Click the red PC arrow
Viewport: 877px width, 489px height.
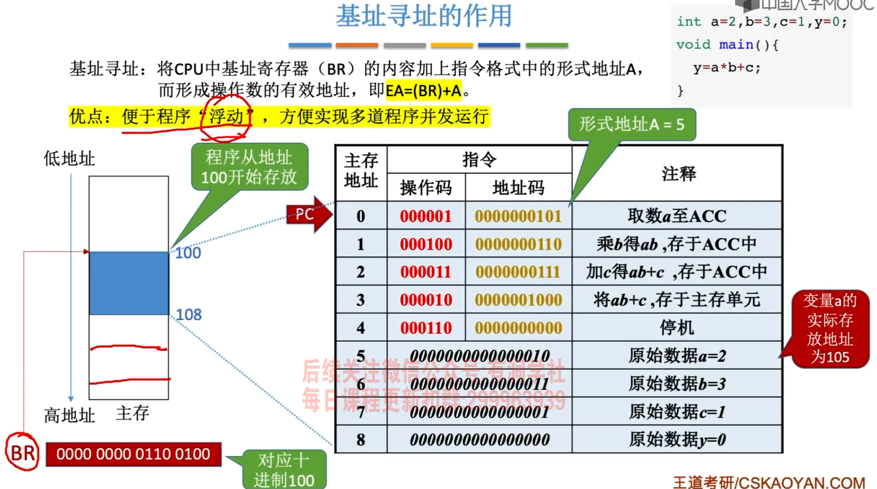308,215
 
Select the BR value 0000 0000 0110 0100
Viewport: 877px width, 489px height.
134,454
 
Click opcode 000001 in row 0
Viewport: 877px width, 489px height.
425,216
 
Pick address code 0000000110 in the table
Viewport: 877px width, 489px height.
518,244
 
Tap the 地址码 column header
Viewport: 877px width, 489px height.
518,188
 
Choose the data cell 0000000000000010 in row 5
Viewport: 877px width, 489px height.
479,356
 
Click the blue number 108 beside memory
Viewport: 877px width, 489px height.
189,315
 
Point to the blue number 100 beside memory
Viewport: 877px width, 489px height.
188,253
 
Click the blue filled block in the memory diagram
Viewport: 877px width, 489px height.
129,283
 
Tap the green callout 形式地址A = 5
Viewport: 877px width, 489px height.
632,124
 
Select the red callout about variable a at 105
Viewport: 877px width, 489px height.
830,329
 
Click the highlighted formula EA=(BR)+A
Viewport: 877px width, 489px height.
424,91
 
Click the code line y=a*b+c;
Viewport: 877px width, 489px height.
727,68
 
